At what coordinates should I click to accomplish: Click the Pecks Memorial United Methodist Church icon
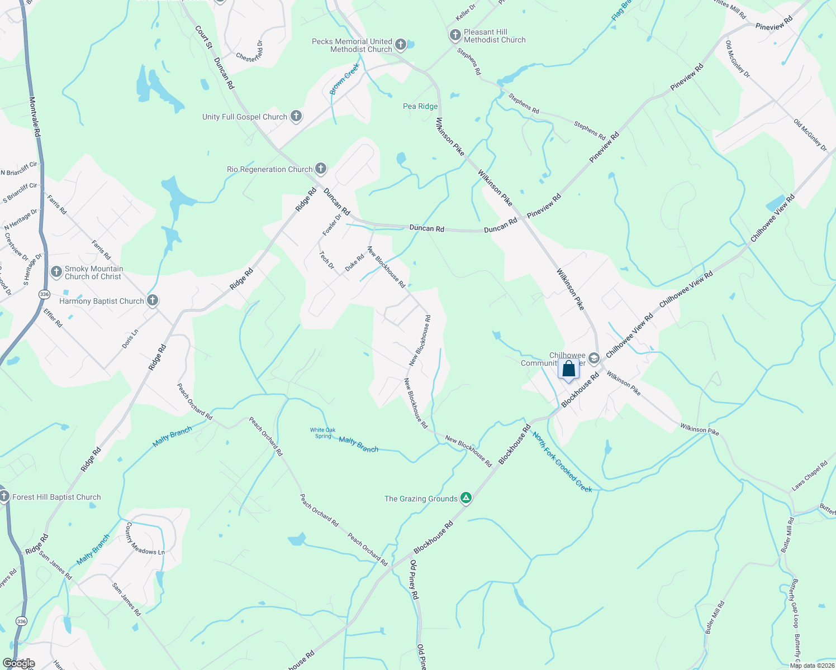pos(400,45)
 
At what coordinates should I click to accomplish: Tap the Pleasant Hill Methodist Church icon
pos(455,36)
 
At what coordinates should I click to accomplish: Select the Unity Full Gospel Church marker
pos(296,116)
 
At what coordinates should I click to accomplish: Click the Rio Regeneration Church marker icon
pos(320,169)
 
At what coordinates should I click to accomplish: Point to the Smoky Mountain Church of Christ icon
pos(56,272)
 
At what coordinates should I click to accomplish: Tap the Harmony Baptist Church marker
pos(153,301)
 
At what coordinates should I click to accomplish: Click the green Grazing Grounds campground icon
pos(465,498)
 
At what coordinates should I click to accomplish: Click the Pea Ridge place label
pos(420,106)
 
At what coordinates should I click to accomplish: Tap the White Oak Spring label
pos(323,433)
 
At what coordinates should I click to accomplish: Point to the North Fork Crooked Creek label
pos(562,462)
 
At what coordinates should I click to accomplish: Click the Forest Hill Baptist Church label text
pos(56,497)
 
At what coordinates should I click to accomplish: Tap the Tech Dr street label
pos(326,260)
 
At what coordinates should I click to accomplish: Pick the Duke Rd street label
pos(354,263)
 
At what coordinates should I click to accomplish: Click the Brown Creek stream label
pos(344,79)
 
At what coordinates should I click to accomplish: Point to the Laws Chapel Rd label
pos(809,476)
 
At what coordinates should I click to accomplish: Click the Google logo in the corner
pos(18,663)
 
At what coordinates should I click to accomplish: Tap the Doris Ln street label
pos(130,339)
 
